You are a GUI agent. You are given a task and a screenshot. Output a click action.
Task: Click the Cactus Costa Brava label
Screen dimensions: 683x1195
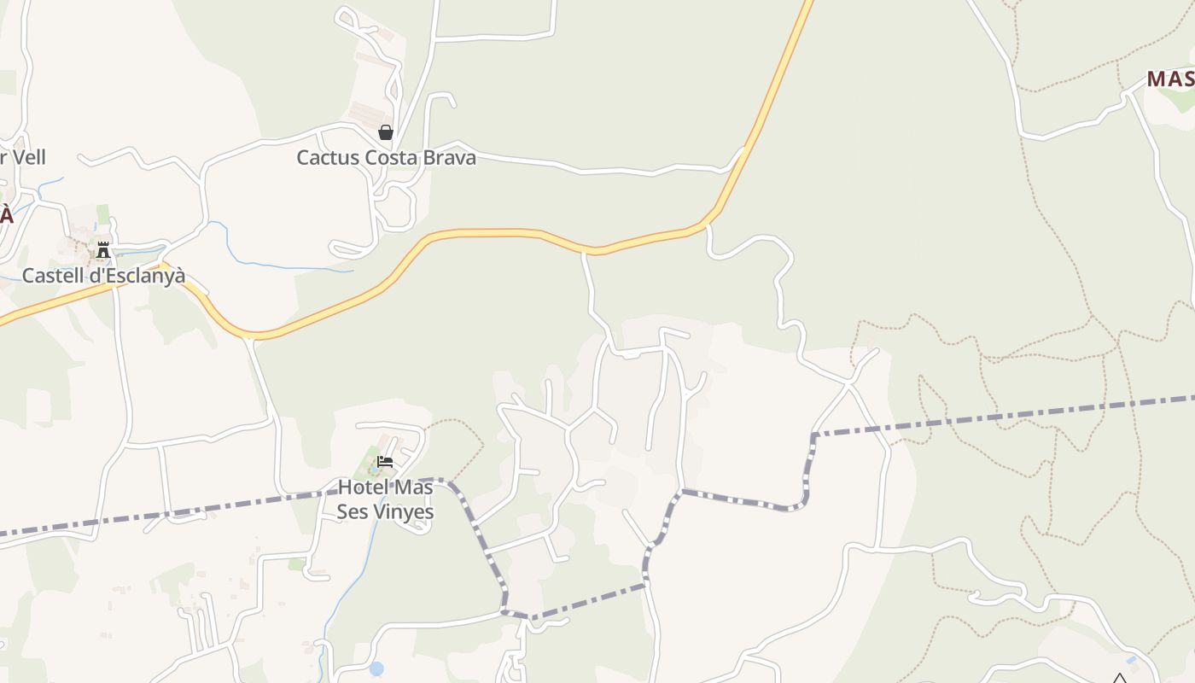(x=386, y=158)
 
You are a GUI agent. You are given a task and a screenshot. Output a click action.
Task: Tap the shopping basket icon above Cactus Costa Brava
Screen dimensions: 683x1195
(x=386, y=132)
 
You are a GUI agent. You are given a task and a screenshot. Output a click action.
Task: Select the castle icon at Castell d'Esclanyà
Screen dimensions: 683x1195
(x=103, y=250)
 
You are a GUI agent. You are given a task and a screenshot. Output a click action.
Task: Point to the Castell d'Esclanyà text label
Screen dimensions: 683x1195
(x=103, y=276)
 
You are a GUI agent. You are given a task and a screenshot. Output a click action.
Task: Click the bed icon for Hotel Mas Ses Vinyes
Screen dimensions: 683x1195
(x=385, y=463)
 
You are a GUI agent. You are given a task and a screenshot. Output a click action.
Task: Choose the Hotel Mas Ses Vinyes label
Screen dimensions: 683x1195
(x=385, y=499)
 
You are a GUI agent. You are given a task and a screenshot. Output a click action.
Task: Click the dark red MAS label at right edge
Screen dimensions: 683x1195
(x=1169, y=79)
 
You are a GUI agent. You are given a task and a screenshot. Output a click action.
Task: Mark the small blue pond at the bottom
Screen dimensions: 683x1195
(x=376, y=668)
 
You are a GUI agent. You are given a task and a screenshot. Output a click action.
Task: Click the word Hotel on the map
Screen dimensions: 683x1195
(x=363, y=487)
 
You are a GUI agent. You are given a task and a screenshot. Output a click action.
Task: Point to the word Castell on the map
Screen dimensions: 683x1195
(x=50, y=276)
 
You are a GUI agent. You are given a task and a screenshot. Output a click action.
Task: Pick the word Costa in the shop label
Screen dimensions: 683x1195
(x=392, y=158)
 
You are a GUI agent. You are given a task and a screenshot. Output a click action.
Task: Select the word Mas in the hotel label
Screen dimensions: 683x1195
(x=412, y=487)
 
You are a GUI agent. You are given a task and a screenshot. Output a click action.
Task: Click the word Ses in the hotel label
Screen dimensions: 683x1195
(x=353, y=512)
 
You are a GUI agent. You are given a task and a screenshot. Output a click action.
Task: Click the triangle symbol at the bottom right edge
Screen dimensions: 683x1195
(x=1119, y=680)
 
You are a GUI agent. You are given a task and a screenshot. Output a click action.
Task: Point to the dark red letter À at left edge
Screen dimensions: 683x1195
(x=6, y=214)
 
